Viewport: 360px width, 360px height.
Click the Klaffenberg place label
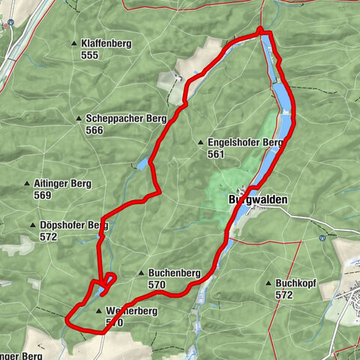click(x=106, y=43)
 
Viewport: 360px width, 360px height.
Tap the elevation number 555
click(x=90, y=55)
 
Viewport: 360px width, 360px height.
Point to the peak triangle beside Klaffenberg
click(x=74, y=43)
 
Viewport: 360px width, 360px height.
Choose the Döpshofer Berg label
click(x=69, y=225)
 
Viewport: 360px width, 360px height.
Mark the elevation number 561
click(x=217, y=154)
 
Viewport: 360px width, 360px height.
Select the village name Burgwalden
click(x=257, y=200)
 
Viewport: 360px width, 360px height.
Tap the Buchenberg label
click(x=174, y=274)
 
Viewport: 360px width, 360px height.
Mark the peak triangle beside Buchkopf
click(x=268, y=283)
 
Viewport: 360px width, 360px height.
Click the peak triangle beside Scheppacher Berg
click(x=79, y=118)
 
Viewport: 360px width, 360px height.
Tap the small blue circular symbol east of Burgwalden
click(x=322, y=238)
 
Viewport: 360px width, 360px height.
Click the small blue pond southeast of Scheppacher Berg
click(x=142, y=164)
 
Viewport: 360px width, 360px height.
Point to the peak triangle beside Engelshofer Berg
click(x=201, y=142)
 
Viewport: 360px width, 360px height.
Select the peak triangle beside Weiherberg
click(x=98, y=310)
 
